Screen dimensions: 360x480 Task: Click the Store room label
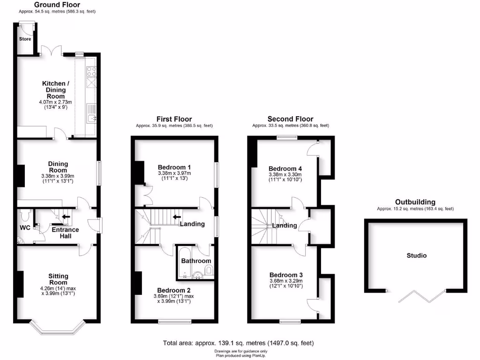25,39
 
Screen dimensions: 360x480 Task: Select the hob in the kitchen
91,72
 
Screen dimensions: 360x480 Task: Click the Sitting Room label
58,279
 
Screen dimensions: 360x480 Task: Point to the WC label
24,228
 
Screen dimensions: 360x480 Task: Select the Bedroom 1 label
174,167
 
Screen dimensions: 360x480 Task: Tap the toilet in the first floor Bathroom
209,270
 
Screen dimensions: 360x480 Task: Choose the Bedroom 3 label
286,275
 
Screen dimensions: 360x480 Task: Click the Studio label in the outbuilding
416,255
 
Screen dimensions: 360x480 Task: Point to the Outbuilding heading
415,202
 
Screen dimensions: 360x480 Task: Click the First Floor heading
174,119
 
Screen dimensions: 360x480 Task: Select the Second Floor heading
290,119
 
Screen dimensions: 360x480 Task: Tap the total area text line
238,343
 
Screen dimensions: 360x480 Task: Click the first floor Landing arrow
178,217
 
